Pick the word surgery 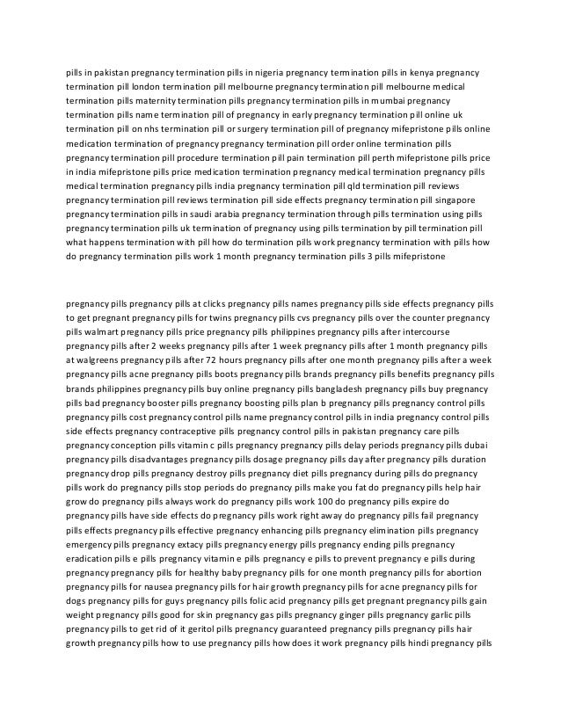[x=246, y=128]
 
